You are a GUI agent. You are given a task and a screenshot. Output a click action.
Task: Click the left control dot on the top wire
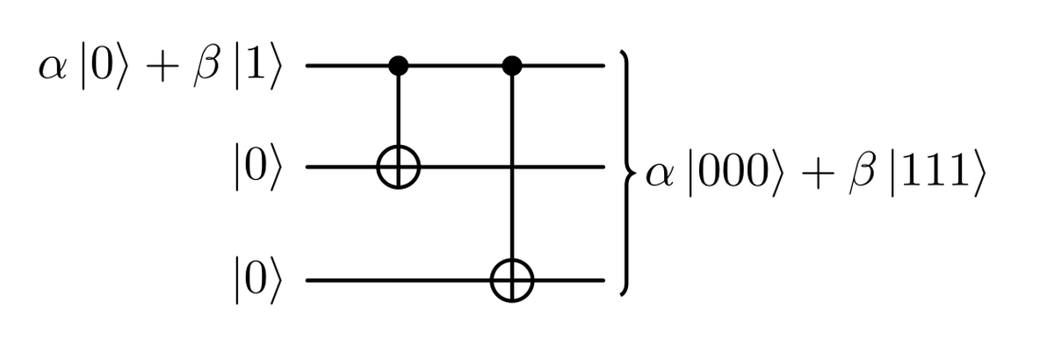pos(401,65)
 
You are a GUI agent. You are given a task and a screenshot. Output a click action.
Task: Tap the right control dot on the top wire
pos(512,65)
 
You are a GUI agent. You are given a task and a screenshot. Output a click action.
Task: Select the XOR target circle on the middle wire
pos(401,165)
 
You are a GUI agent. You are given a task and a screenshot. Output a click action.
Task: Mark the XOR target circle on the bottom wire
pos(512,282)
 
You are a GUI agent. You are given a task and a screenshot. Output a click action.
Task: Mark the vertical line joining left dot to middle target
pos(401,110)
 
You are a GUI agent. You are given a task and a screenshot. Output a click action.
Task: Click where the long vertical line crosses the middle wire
pos(512,165)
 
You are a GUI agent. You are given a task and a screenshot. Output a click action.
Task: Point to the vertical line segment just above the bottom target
pos(512,237)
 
